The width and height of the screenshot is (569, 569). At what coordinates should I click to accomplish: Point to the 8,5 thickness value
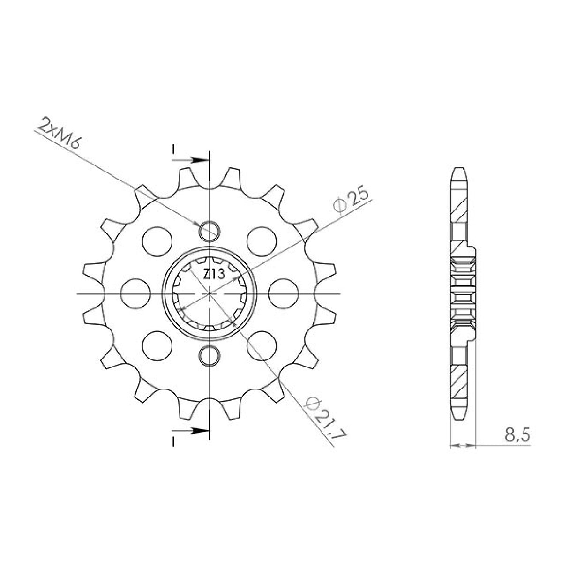517,435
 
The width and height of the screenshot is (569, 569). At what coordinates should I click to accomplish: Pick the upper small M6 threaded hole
210,230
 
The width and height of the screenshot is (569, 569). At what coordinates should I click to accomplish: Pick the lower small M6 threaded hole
210,356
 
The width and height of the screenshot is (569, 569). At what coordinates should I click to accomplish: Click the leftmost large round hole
135,293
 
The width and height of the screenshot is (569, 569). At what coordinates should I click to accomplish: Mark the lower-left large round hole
157,346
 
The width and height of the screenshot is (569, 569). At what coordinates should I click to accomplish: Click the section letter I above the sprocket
173,150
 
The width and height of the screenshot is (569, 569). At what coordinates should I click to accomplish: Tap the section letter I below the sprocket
173,441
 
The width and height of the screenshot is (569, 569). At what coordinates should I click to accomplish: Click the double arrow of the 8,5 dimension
463,444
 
